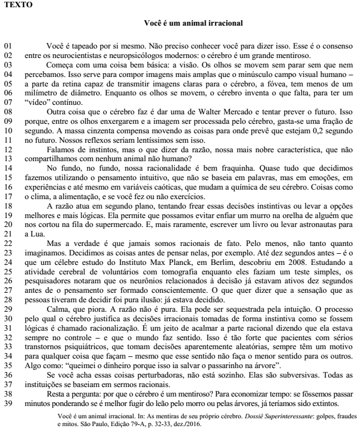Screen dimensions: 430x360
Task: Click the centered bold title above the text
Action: pyautogui.click(x=192, y=23)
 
